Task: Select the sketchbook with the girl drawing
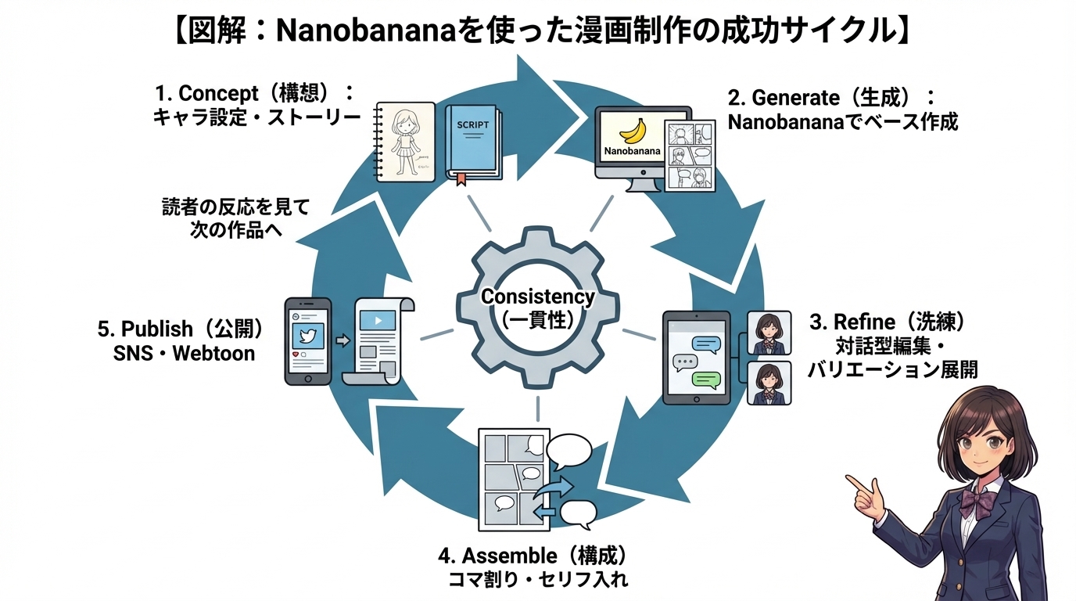(x=405, y=142)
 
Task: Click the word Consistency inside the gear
(x=537, y=297)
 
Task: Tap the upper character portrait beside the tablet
(x=769, y=333)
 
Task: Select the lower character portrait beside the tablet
(x=769, y=382)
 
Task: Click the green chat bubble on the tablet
(x=707, y=381)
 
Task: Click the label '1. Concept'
(x=206, y=93)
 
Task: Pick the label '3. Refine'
(x=852, y=322)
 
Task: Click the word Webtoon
(x=213, y=353)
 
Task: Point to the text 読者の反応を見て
(x=235, y=208)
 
